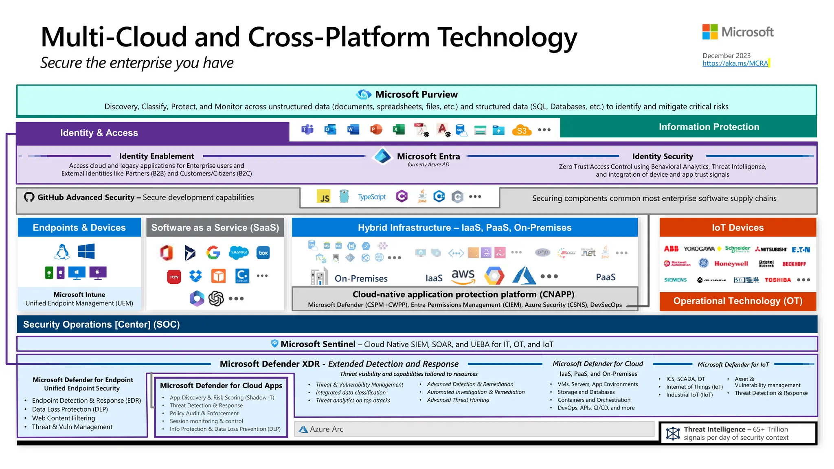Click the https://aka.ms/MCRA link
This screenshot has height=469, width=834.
pyautogui.click(x=735, y=64)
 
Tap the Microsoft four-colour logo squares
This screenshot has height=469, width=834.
pyautogui.click(x=710, y=32)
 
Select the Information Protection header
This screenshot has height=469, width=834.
pyautogui.click(x=709, y=127)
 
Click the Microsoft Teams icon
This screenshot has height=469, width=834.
pyautogui.click(x=307, y=129)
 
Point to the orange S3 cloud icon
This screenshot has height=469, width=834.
pyautogui.click(x=522, y=130)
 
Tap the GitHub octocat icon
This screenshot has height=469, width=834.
pyautogui.click(x=29, y=197)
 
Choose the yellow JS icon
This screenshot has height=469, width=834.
pyautogui.click(x=324, y=197)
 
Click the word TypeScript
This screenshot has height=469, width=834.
pyautogui.click(x=372, y=197)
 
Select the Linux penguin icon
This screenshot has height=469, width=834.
pyautogui.click(x=62, y=252)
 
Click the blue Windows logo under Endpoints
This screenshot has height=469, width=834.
pyautogui.click(x=86, y=251)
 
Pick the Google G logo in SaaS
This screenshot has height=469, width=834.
pyautogui.click(x=213, y=253)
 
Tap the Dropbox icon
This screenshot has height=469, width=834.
pyautogui.click(x=196, y=276)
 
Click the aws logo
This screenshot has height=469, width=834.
pyautogui.click(x=463, y=276)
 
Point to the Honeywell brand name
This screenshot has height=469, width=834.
pyautogui.click(x=731, y=264)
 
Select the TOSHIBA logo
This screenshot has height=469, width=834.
pyautogui.click(x=777, y=280)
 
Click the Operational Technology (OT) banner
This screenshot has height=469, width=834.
pyautogui.click(x=737, y=301)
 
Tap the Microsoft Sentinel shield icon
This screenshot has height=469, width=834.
pyautogui.click(x=275, y=344)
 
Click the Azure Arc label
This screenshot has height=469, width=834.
pyautogui.click(x=326, y=429)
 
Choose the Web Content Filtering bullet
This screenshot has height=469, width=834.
pyautogui.click(x=64, y=418)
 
